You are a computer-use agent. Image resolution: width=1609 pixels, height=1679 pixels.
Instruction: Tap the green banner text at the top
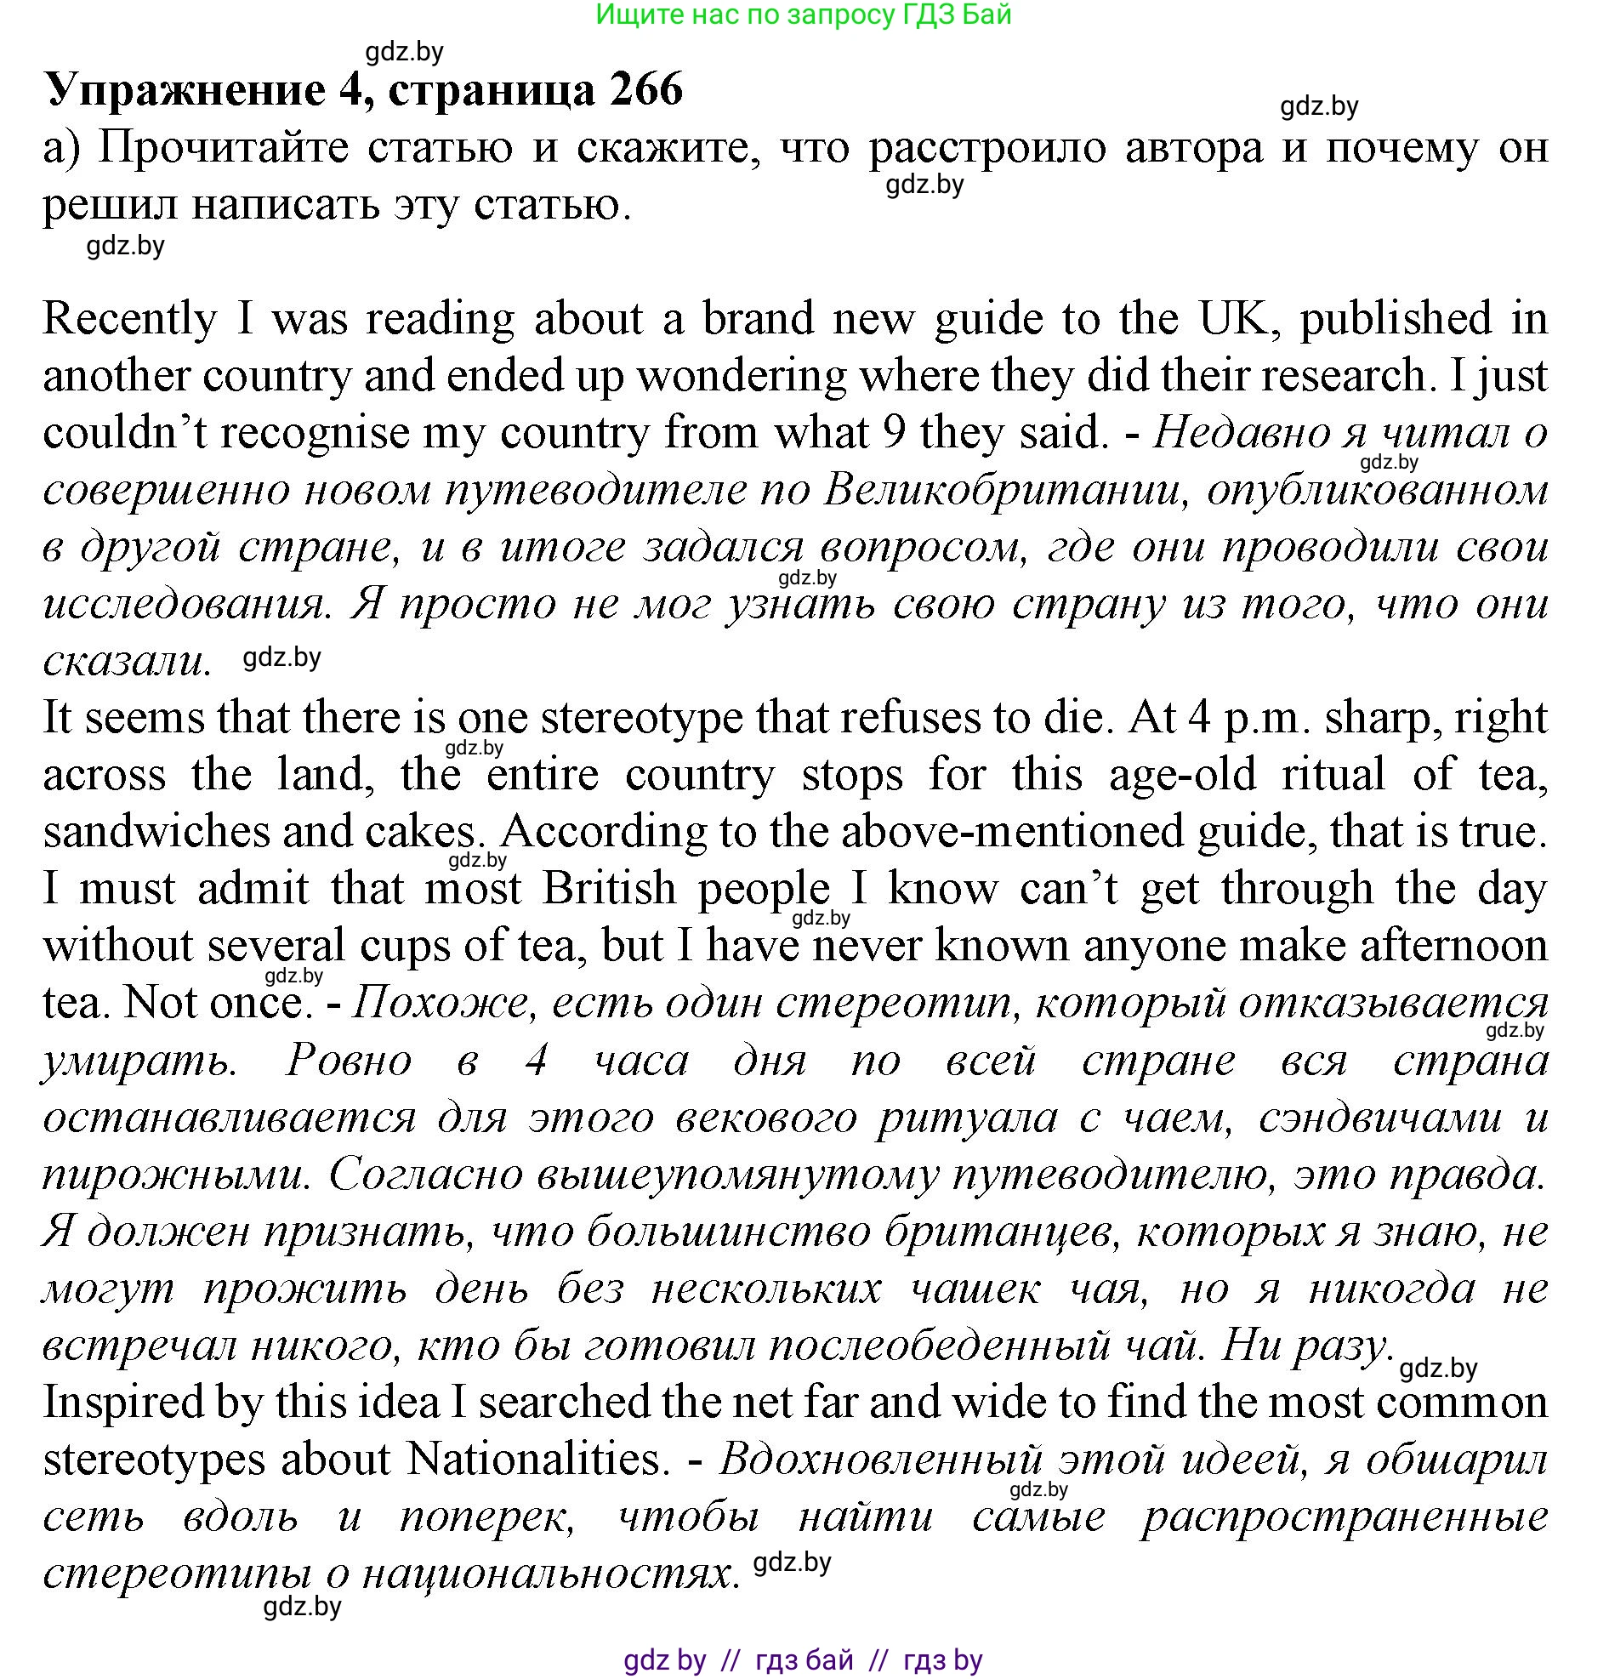click(803, 14)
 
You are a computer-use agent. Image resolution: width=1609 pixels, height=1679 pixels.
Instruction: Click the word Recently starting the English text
click(130, 320)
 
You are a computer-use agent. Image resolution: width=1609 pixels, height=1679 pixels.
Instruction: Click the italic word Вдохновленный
click(880, 1460)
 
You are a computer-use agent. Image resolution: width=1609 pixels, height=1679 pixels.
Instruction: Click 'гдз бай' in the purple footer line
click(804, 1660)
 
